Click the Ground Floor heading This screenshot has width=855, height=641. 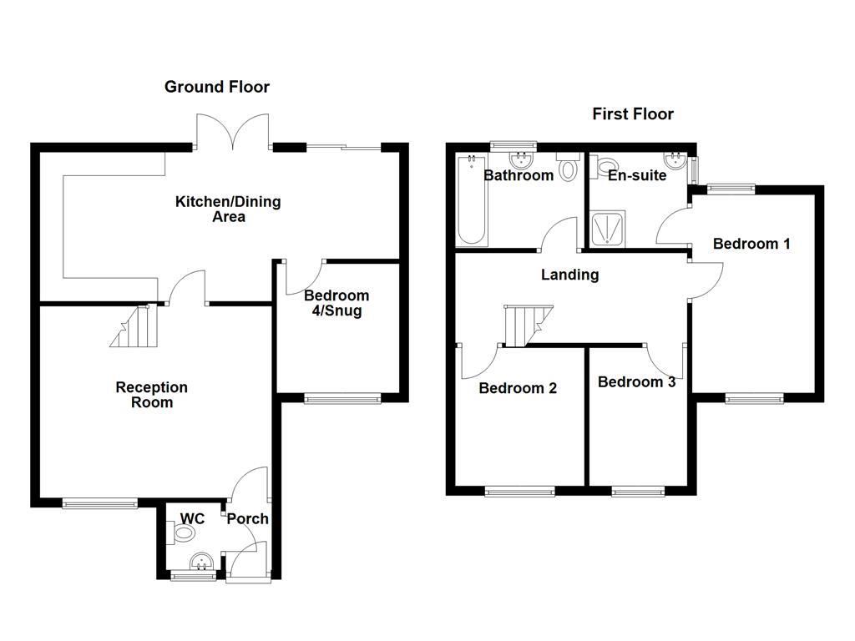coord(217,87)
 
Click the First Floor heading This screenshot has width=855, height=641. coord(633,114)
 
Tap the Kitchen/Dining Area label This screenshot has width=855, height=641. coord(228,209)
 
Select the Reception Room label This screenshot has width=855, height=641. coord(151,395)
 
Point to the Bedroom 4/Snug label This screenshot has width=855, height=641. coord(336,304)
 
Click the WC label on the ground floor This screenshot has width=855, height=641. coord(192,519)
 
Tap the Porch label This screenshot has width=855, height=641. coord(248,519)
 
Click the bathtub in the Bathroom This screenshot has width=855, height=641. coord(473,200)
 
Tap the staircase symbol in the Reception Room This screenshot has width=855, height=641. coord(133,326)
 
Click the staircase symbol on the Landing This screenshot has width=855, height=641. coord(524,325)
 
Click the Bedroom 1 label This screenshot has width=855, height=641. coord(751,245)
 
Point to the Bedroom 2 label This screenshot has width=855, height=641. coord(517,388)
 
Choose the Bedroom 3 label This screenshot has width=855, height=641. coord(636,382)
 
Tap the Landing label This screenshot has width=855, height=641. coord(569,275)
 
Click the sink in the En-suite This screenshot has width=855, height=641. coord(674,160)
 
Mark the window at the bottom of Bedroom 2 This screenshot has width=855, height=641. coord(519,492)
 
